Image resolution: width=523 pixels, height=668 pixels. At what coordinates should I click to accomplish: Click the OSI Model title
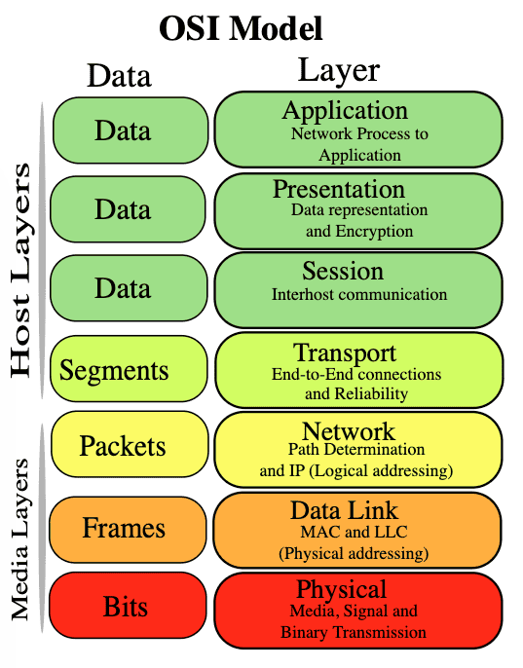pyautogui.click(x=241, y=28)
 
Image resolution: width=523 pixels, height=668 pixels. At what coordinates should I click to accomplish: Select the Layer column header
pyautogui.click(x=338, y=70)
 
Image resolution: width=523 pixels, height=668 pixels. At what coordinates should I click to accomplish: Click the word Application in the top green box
pyautogui.click(x=344, y=110)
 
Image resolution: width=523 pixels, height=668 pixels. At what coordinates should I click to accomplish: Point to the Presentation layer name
pyautogui.click(x=338, y=189)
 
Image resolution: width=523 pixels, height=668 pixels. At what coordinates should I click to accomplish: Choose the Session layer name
pyautogui.click(x=343, y=271)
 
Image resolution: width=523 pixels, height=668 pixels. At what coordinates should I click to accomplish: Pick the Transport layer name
pyautogui.click(x=345, y=353)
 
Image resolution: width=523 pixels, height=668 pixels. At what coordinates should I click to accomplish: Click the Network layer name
pyautogui.click(x=349, y=431)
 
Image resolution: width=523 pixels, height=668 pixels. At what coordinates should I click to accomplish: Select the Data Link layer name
pyautogui.click(x=344, y=510)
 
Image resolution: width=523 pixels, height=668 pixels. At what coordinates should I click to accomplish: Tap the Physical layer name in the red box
pyautogui.click(x=341, y=589)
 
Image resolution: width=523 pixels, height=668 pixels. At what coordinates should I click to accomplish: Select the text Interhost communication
pyautogui.click(x=359, y=294)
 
